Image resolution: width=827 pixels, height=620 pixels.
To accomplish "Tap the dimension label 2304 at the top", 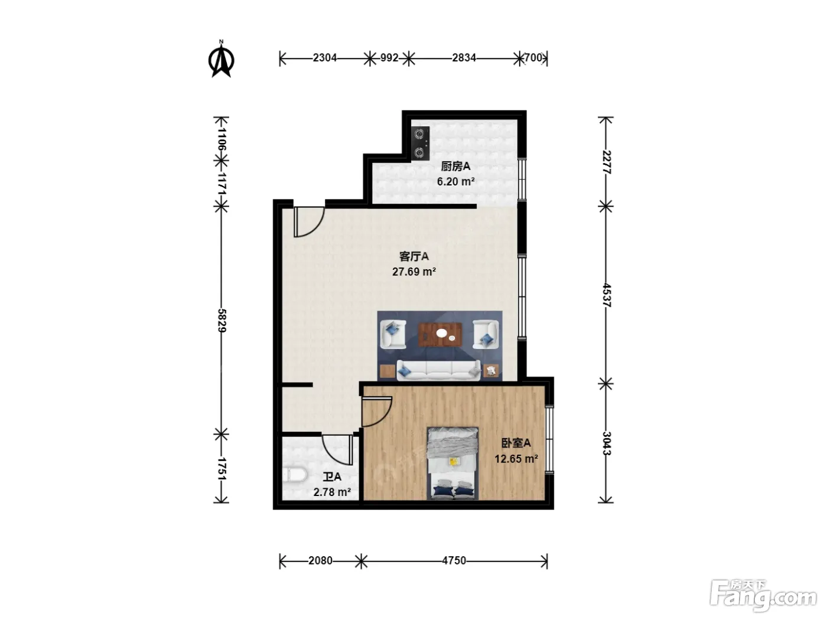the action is tap(325, 58).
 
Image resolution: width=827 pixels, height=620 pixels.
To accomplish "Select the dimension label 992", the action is tap(389, 58).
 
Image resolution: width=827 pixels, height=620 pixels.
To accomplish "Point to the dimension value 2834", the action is tap(464, 58).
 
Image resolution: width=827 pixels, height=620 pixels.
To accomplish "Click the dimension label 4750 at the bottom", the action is tap(454, 561).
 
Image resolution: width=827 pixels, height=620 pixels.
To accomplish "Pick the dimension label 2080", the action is tap(320, 561).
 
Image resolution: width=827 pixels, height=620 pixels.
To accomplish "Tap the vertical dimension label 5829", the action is tap(222, 321).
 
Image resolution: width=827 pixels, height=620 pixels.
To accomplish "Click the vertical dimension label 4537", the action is tap(607, 295).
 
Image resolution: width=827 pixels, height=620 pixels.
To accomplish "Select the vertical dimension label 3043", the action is tap(607, 443).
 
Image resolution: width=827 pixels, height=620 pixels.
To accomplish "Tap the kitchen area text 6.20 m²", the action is tap(455, 181).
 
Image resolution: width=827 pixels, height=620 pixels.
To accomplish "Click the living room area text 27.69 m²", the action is tap(414, 272).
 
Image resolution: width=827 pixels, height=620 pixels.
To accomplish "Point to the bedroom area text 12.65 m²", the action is tap(516, 459).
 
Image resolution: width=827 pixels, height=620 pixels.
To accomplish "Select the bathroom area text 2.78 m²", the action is tap(333, 492).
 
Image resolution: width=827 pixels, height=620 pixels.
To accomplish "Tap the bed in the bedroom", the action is tap(452, 463).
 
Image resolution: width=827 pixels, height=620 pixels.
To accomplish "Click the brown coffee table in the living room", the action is tap(440, 335).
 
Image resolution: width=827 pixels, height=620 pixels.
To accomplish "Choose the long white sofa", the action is tap(439, 370).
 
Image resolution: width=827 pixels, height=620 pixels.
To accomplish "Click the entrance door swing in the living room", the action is tap(309, 222).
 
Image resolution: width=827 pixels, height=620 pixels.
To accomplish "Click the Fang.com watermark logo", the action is tap(763, 595).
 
